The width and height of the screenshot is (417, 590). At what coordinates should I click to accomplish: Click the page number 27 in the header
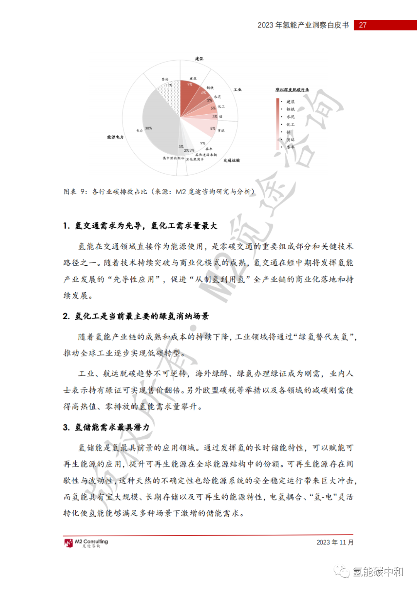click(x=363, y=25)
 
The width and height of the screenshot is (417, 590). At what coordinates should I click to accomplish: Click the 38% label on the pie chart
click(x=149, y=128)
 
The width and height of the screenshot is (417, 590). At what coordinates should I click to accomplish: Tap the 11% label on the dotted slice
click(x=169, y=85)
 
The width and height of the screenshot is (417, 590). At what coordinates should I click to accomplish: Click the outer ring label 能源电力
click(x=115, y=137)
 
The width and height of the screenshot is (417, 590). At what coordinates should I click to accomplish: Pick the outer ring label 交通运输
click(x=232, y=160)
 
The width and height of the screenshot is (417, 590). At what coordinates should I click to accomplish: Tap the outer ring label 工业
click(x=237, y=90)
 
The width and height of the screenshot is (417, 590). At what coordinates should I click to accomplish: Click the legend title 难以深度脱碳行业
click(x=292, y=90)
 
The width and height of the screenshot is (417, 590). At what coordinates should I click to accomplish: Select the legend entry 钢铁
click(x=290, y=109)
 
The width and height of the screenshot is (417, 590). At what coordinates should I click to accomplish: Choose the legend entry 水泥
click(x=290, y=117)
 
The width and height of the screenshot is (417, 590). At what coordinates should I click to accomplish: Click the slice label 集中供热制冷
click(x=173, y=158)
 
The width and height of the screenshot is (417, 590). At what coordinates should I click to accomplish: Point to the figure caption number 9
click(x=83, y=192)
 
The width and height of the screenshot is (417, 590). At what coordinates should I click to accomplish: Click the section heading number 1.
click(x=66, y=226)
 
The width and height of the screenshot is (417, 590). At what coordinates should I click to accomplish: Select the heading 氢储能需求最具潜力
click(x=112, y=427)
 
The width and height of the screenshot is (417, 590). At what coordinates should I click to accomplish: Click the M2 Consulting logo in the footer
click(x=86, y=543)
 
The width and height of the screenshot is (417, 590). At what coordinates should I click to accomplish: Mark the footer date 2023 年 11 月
click(x=335, y=543)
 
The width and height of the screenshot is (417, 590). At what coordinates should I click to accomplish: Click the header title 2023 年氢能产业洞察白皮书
click(x=303, y=25)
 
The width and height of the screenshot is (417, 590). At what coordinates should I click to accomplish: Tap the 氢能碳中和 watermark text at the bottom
click(x=378, y=572)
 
